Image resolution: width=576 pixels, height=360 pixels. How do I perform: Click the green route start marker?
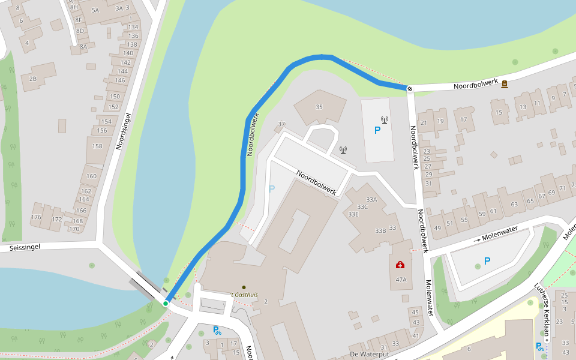pos(166,304)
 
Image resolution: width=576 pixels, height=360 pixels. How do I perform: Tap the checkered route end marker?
pos(410,89)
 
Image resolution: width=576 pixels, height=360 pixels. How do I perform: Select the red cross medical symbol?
pos(400,265)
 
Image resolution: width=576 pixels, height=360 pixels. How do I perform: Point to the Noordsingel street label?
pos(123,130)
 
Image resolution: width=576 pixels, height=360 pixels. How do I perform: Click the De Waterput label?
pos(371,354)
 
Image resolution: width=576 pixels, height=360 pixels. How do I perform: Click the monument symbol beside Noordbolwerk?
pos(505,84)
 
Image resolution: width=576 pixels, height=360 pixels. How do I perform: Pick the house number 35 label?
pos(319,107)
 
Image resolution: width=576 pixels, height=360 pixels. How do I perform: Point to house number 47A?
pos(401,280)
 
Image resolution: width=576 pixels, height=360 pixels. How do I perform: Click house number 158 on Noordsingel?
pos(97,146)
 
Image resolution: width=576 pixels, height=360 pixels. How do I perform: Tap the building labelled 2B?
pos(33,79)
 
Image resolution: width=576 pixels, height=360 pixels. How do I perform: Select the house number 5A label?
pos(95,10)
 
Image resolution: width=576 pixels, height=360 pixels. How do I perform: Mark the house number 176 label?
pos(37,217)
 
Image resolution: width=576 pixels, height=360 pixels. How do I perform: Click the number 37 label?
pos(281,125)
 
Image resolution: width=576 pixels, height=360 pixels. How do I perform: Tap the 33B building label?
pos(380,230)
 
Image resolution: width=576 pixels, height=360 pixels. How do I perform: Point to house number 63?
pos(514,204)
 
